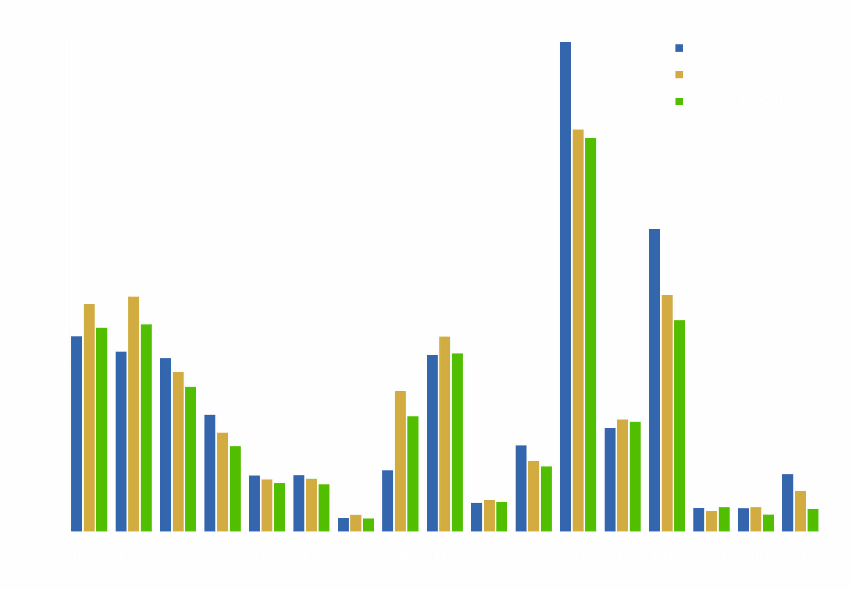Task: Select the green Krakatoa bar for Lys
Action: point(679,426)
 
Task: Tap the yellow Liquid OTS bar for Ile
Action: point(133,414)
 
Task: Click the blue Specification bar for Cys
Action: point(788,503)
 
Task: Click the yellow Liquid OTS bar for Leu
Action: point(89,418)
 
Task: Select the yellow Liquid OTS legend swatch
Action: point(679,74)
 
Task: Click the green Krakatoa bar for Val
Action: point(191,459)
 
